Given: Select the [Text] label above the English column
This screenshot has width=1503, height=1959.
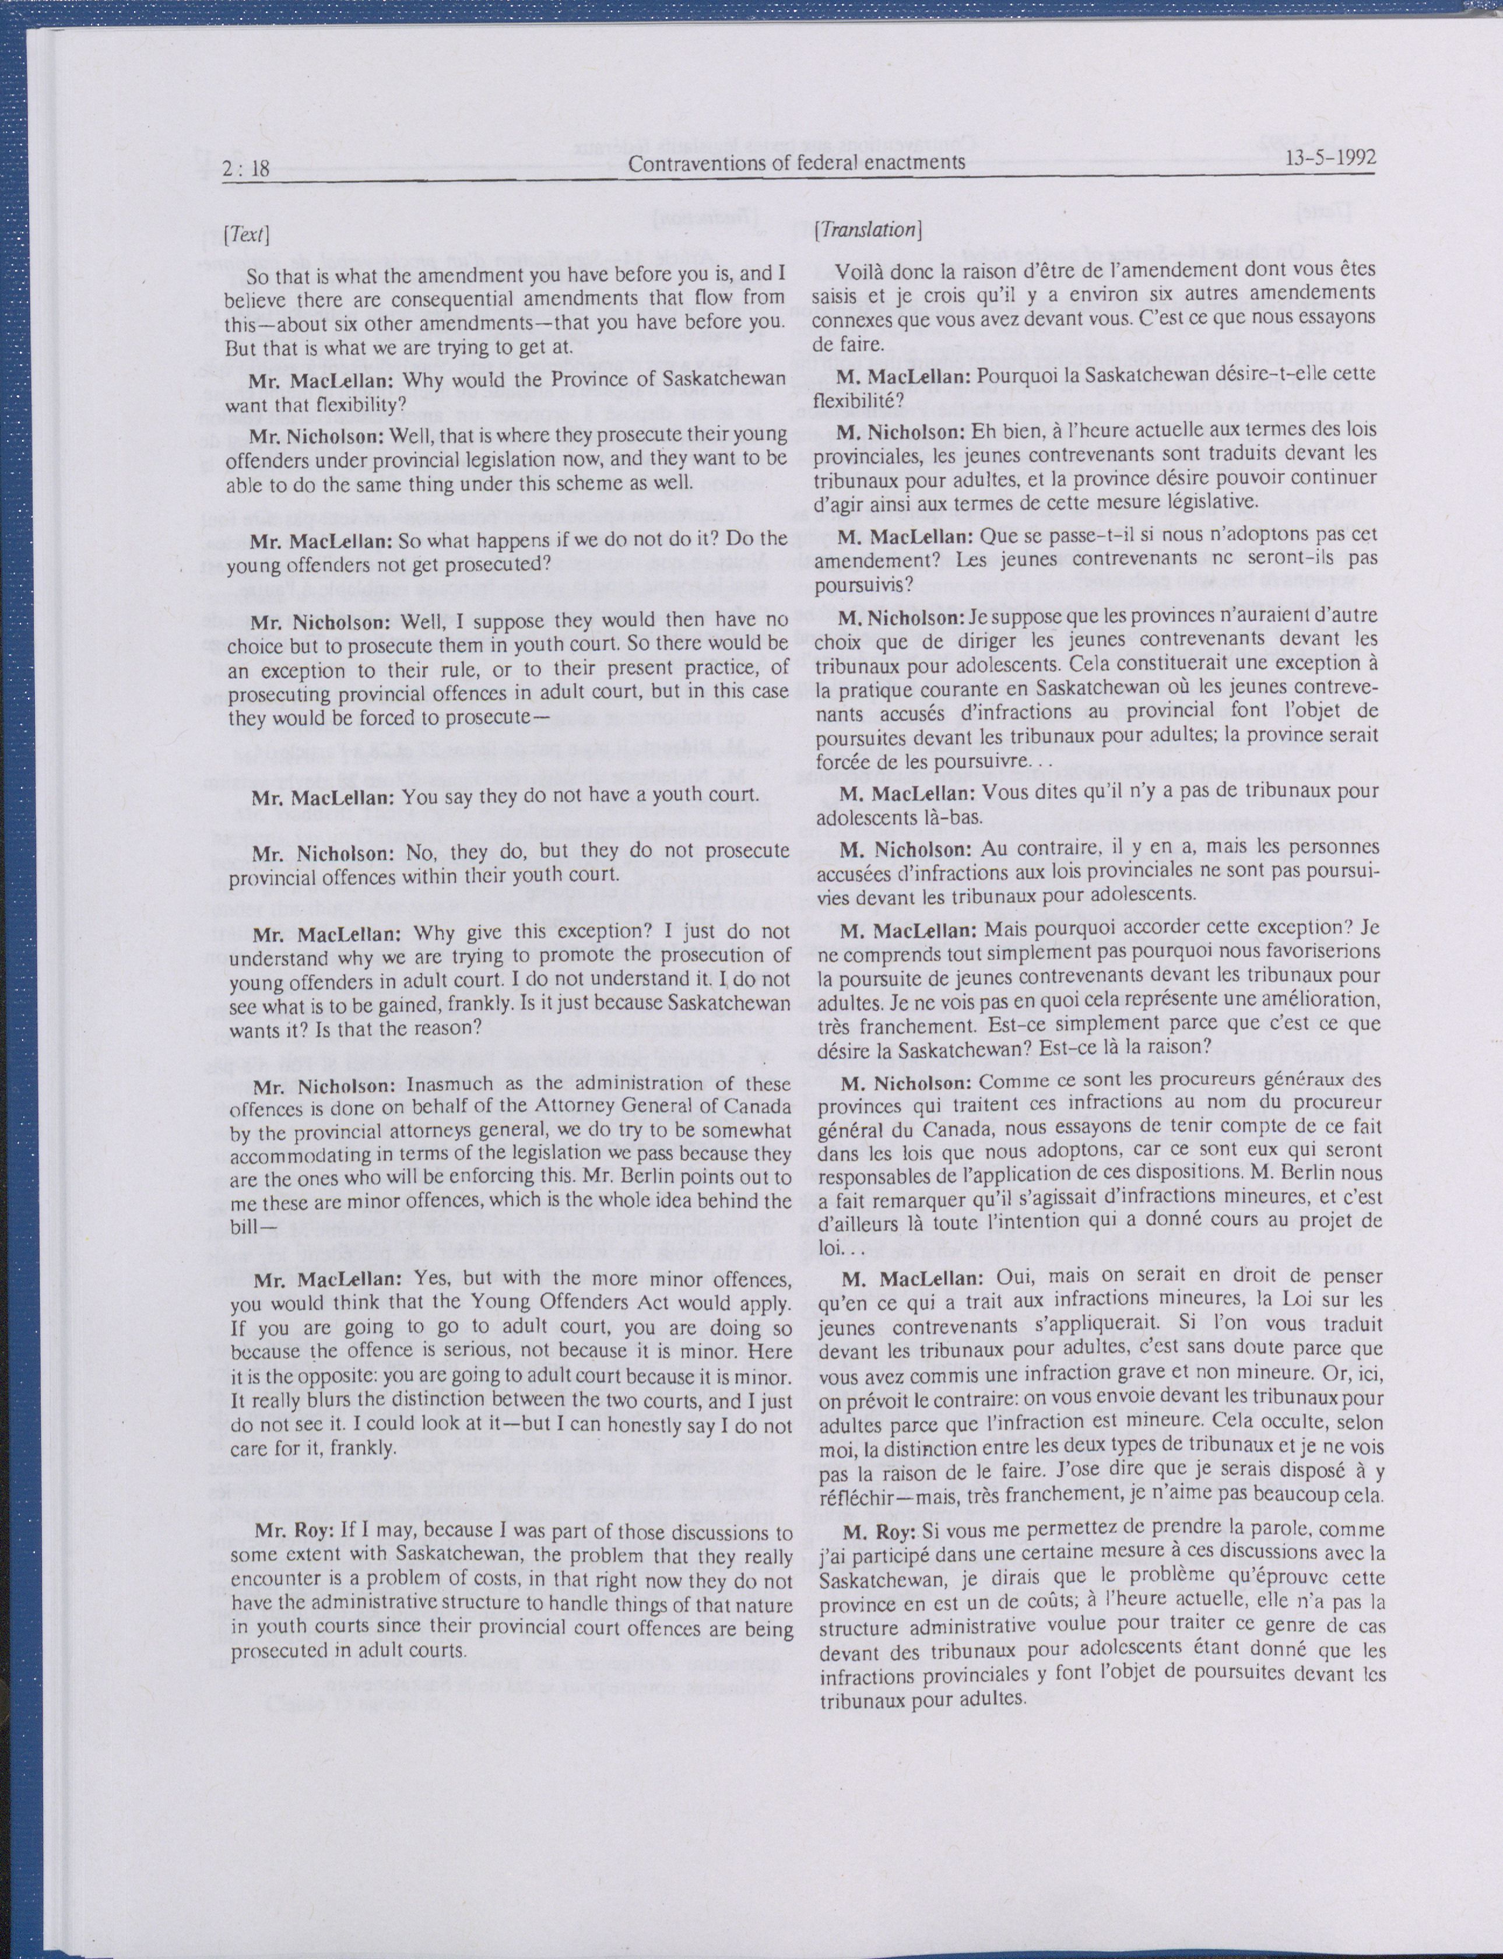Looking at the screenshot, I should [x=246, y=236].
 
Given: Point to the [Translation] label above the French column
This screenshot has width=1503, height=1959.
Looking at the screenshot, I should [x=867, y=230].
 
